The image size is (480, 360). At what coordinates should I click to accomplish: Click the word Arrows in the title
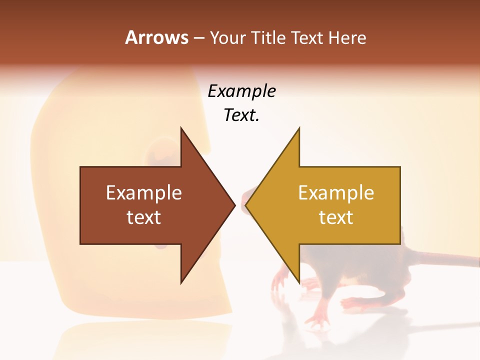click(157, 37)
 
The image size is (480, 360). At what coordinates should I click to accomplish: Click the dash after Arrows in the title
click(198, 38)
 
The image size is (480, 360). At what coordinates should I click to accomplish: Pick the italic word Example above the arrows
click(241, 91)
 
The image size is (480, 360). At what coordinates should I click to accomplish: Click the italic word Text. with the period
click(241, 115)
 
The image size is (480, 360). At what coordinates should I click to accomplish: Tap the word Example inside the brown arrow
click(144, 193)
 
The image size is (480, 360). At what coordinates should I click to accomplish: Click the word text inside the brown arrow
click(144, 217)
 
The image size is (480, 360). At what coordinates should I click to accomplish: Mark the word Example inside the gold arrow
click(336, 193)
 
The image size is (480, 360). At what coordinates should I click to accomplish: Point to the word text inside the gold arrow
click(336, 217)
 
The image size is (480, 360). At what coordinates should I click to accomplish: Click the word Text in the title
click(306, 37)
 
